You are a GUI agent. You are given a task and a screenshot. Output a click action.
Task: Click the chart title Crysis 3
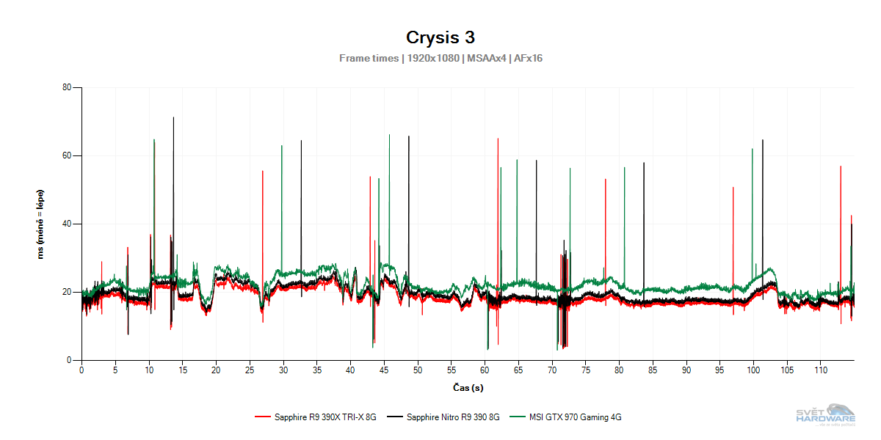click(x=440, y=37)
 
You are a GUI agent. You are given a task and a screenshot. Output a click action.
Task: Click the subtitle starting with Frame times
click(x=440, y=58)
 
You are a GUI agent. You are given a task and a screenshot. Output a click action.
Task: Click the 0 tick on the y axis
click(x=68, y=360)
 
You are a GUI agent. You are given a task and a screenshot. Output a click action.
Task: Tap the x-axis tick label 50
click(x=418, y=370)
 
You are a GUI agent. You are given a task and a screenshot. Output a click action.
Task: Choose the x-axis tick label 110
click(x=821, y=370)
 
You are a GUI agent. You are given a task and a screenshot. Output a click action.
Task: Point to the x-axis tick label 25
click(x=250, y=370)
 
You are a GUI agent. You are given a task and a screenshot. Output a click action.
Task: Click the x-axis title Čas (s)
click(x=468, y=387)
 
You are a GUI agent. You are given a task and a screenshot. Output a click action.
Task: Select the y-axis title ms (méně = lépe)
click(x=40, y=224)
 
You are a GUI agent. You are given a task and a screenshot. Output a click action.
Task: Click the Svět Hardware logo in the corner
click(x=826, y=414)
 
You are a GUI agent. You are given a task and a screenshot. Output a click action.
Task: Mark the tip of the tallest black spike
click(x=173, y=117)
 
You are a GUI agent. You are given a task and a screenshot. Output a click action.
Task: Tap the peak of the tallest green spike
click(x=389, y=135)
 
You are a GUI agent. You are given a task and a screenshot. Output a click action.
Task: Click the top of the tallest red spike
click(x=498, y=138)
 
